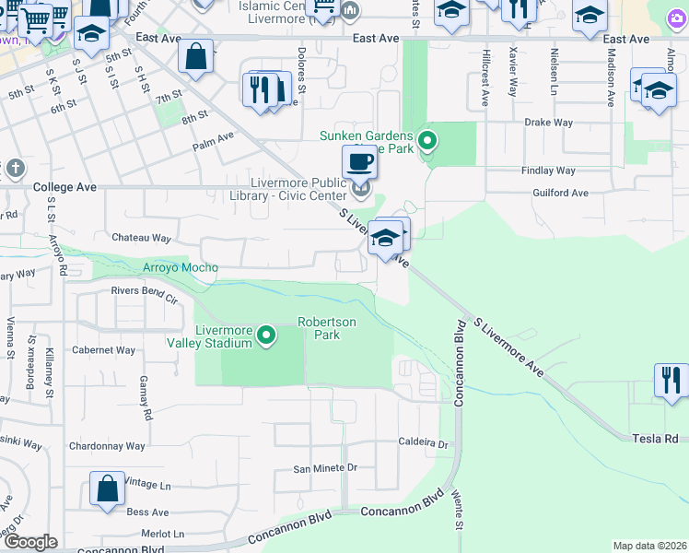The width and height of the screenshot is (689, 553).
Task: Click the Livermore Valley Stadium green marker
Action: [267, 335]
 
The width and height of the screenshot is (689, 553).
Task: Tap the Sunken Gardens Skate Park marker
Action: [426, 141]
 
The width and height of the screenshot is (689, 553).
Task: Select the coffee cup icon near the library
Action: [359, 160]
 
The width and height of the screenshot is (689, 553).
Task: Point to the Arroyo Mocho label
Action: [181, 268]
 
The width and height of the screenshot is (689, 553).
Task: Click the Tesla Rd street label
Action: [654, 439]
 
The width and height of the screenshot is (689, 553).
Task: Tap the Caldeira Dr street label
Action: [423, 444]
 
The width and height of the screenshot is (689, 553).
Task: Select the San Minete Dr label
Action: [324, 468]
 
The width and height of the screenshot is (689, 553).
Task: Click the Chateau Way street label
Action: [141, 238]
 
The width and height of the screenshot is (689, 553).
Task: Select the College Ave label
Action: [64, 187]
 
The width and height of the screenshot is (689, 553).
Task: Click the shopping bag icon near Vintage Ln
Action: [107, 488]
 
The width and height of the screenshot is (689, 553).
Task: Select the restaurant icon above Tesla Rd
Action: [671, 380]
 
